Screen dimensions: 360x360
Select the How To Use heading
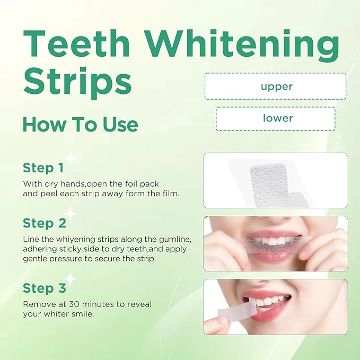coord(80,125)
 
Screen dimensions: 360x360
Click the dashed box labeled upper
coord(276,86)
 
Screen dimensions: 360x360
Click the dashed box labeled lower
coord(276,118)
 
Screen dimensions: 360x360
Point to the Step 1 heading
coord(43,168)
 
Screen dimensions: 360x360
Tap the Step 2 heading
coord(45,223)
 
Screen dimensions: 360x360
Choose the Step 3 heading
coord(45,288)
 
